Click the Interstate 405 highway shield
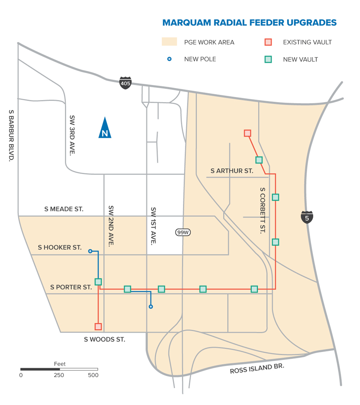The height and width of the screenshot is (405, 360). (x=125, y=83)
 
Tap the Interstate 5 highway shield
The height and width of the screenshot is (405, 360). (x=307, y=217)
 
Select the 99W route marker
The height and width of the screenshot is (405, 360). (x=183, y=232)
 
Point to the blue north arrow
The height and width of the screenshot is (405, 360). (x=105, y=128)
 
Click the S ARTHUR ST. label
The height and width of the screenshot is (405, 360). (x=232, y=171)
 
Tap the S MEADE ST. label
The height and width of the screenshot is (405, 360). (x=64, y=209)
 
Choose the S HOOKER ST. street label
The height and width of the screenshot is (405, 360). (x=60, y=247)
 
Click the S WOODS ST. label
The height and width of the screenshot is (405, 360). (x=105, y=339)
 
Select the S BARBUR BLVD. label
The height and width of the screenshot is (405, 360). (x=12, y=135)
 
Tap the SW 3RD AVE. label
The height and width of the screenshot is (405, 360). (x=72, y=134)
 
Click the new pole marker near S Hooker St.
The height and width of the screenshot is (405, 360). (x=90, y=251)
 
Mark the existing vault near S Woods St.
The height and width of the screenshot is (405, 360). (x=98, y=326)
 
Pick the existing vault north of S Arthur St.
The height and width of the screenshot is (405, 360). (x=247, y=133)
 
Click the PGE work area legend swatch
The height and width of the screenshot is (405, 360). (x=169, y=42)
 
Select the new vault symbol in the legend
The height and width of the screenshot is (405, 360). (x=268, y=59)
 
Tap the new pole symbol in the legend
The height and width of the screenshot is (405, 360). (x=169, y=59)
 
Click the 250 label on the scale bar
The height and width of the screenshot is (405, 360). (x=59, y=375)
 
